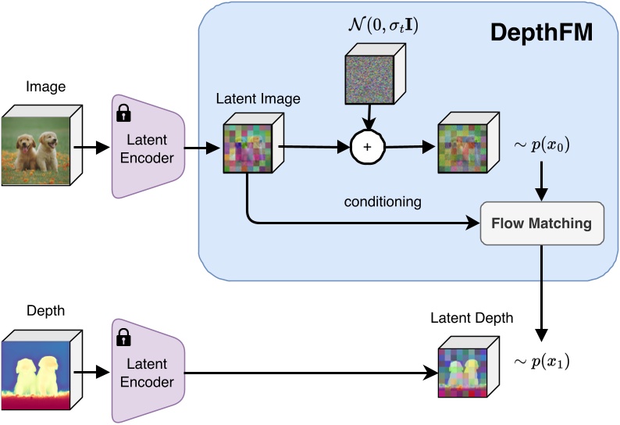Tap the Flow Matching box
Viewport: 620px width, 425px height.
pyautogui.click(x=541, y=223)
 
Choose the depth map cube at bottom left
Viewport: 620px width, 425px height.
pyautogui.click(x=38, y=370)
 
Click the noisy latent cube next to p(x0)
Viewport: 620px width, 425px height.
pyautogui.click(x=465, y=144)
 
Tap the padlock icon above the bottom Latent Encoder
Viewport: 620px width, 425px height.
pyautogui.click(x=123, y=337)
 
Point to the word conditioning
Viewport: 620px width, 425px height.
pyautogui.click(x=383, y=202)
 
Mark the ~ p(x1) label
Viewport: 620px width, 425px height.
pyautogui.click(x=540, y=361)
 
